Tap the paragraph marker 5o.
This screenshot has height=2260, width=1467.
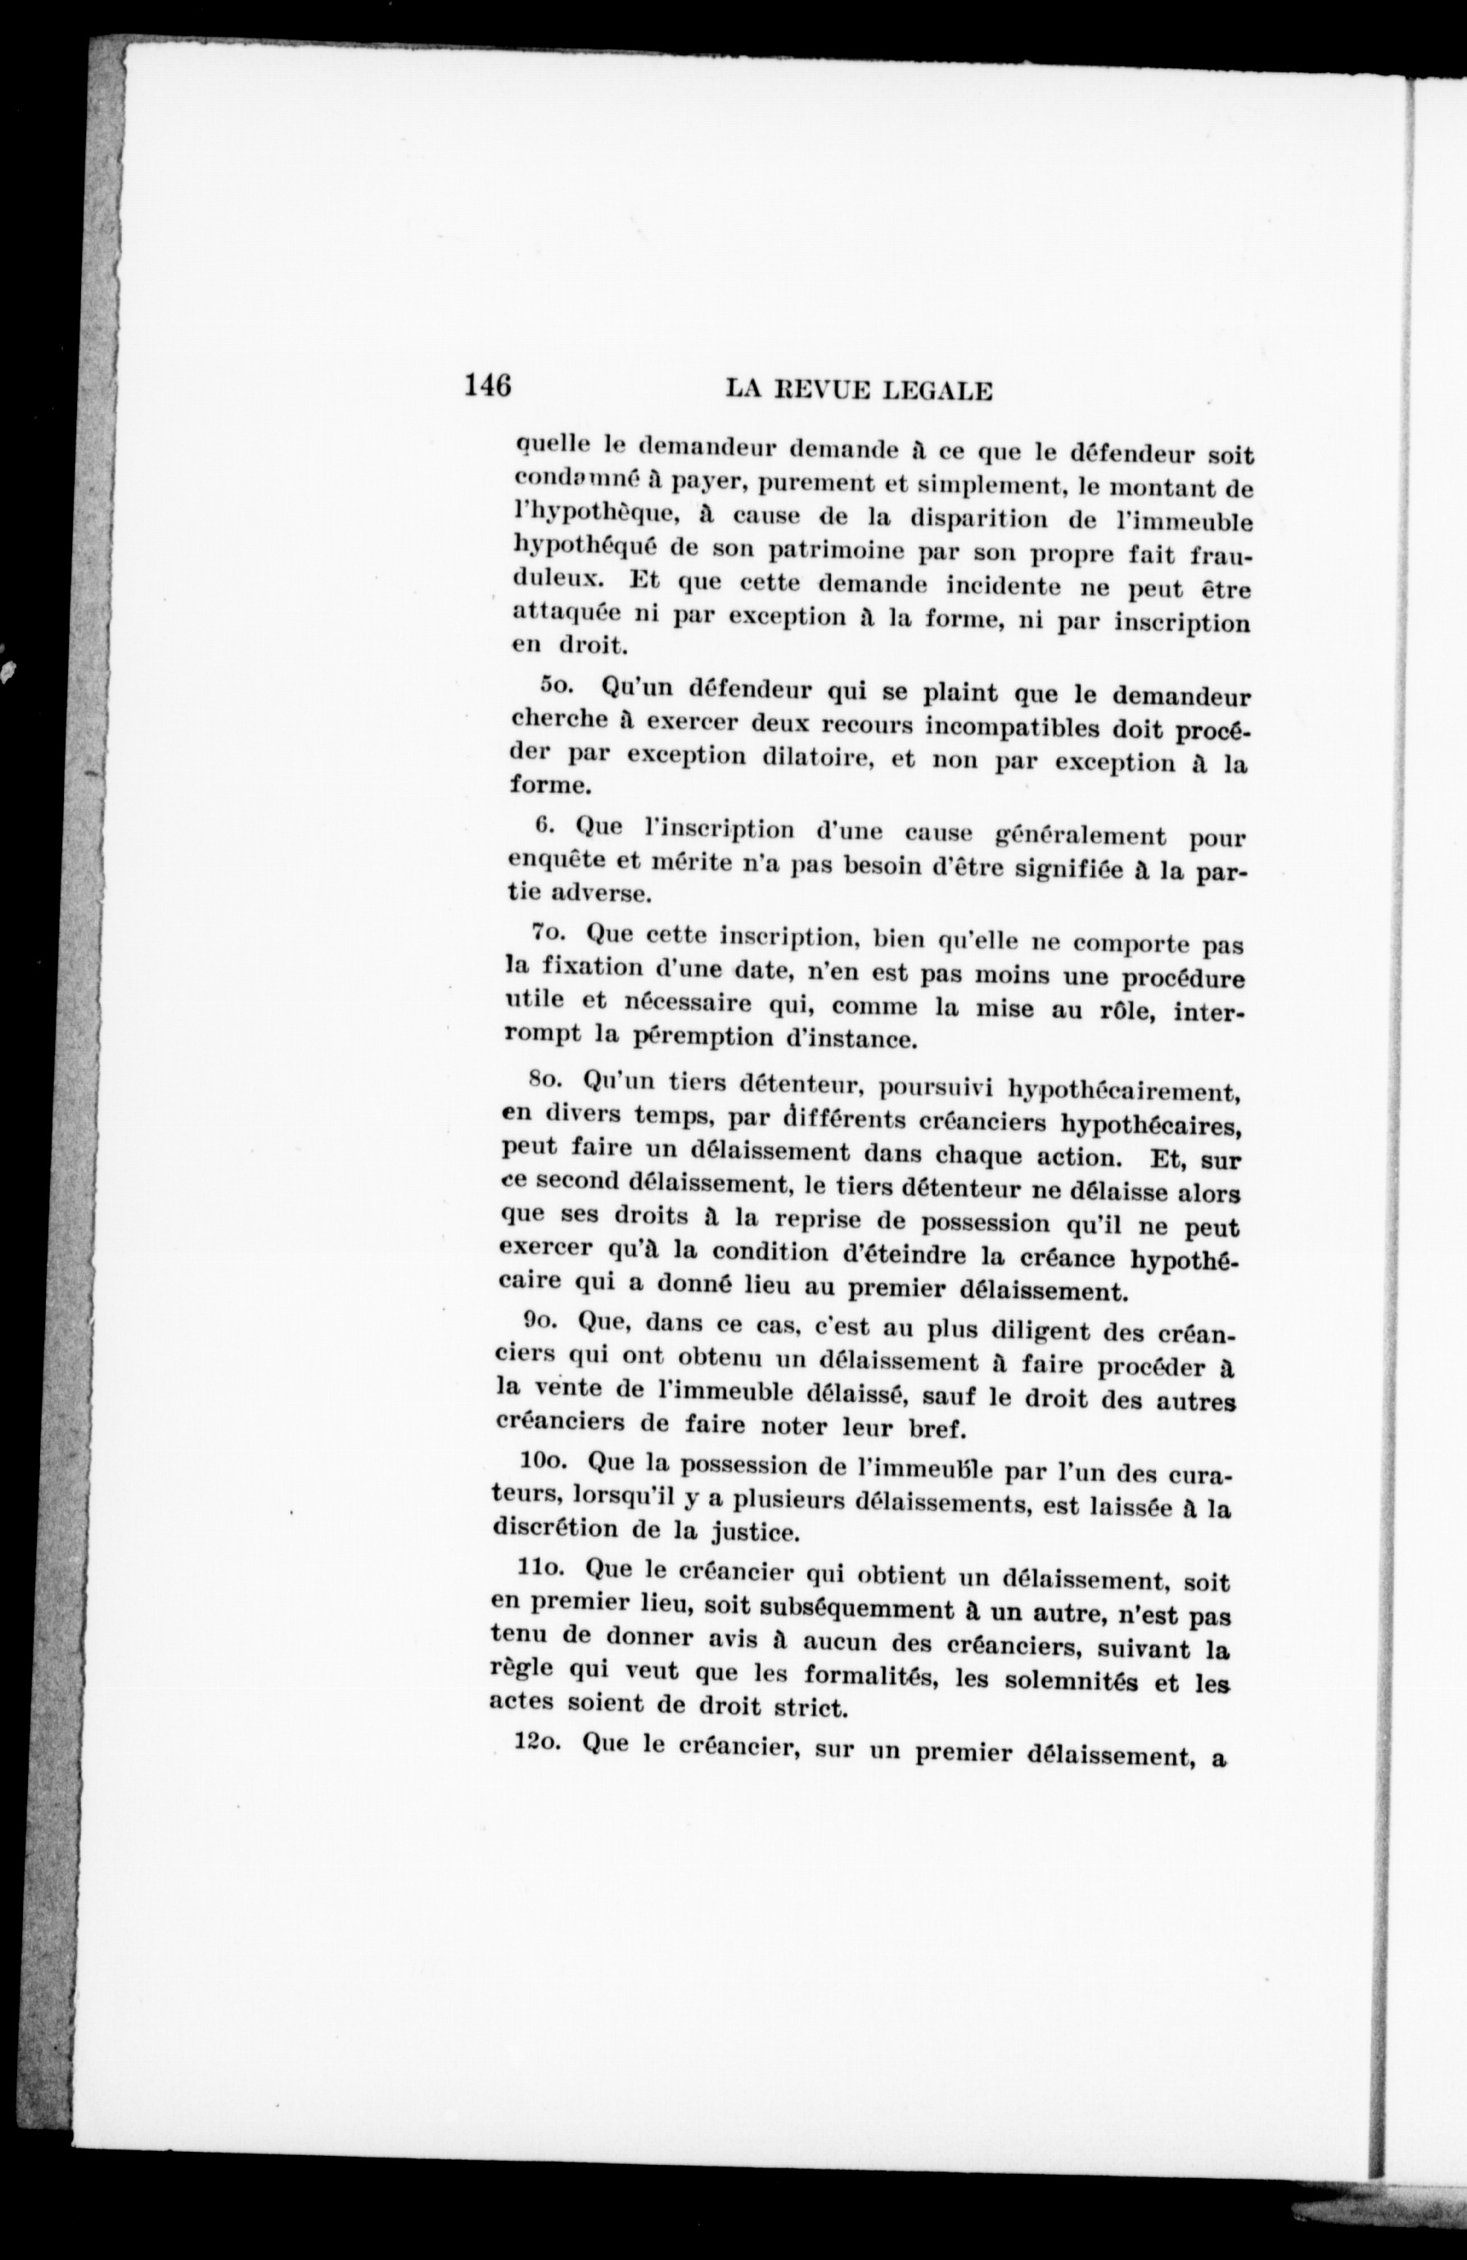556,685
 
